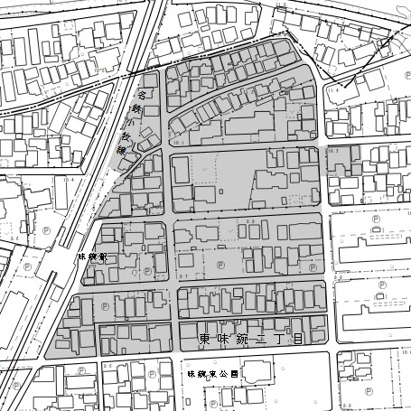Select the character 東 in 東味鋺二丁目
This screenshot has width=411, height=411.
coord(204,340)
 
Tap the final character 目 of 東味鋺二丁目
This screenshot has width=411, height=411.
coord(294,340)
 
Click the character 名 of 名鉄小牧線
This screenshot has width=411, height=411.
coord(142,93)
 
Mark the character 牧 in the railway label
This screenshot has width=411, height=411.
coord(127,138)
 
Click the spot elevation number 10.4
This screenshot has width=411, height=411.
coord(69,180)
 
